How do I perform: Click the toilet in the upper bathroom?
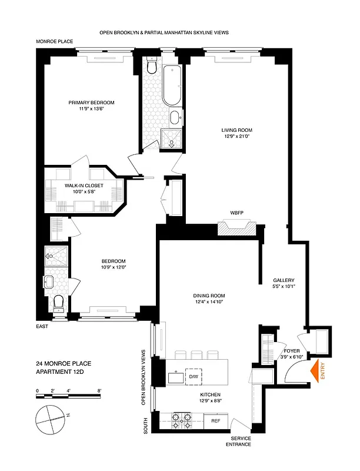click(x=151, y=67)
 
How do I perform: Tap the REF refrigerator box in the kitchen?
click(x=216, y=420)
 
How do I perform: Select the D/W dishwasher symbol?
click(x=193, y=376)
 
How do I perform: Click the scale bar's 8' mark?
click(x=99, y=390)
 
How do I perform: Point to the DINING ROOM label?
click(x=210, y=296)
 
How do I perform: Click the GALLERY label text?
click(x=283, y=280)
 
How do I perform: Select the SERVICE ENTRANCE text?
click(x=241, y=441)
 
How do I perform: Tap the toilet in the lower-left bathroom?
click(x=58, y=303)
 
